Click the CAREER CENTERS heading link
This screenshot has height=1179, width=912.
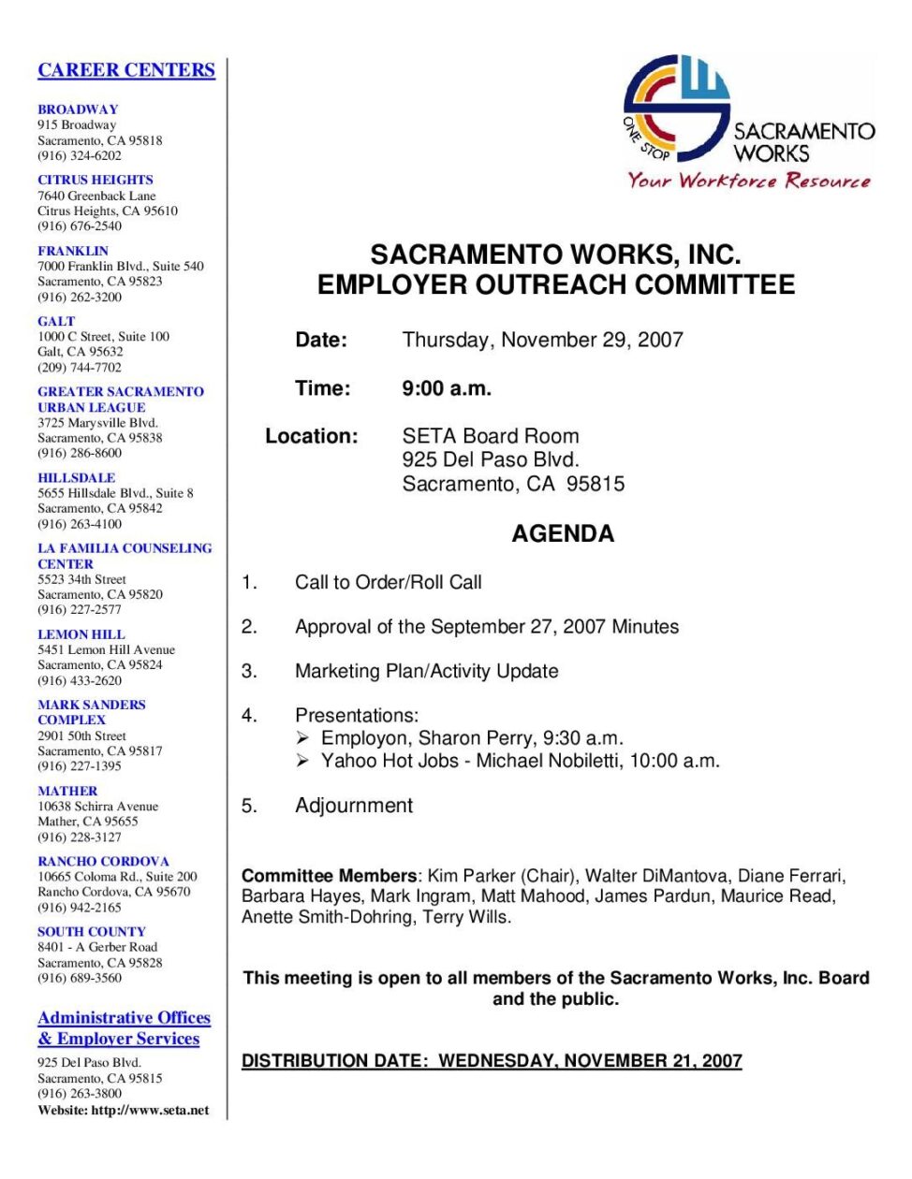coord(126,70)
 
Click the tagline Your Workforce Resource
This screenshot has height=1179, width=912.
coord(749,181)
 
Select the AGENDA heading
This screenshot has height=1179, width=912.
coord(563,534)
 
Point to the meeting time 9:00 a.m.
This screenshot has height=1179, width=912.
coord(447,388)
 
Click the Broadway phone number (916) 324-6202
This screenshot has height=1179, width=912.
coord(80,155)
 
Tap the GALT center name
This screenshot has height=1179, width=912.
coord(56,321)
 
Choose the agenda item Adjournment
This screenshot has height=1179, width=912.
coord(354,806)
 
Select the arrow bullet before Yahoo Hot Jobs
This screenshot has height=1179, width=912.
coord(303,761)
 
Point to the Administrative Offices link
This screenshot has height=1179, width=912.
coord(124,1018)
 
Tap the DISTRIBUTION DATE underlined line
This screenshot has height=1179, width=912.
coord(492,1061)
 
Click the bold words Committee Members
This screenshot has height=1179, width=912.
coord(329,876)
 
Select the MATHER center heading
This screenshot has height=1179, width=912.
coord(67,791)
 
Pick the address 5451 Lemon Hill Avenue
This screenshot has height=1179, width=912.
coord(106,649)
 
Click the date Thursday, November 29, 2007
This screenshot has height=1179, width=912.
coord(542,340)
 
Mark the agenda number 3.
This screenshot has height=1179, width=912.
coord(249,671)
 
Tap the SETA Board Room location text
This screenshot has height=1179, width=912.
coord(491,436)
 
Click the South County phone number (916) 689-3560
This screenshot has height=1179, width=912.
coord(80,978)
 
